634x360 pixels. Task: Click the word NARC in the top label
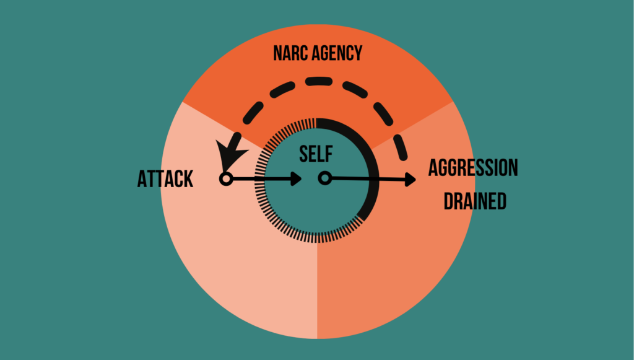tap(290, 53)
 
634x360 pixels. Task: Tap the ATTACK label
tap(165, 179)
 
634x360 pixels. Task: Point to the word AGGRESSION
tap(473, 168)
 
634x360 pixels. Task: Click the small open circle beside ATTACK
tap(226, 179)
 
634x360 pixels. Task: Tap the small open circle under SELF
tap(324, 178)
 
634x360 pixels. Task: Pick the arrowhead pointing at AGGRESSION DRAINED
tap(409, 180)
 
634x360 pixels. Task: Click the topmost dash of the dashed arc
tap(319, 81)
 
